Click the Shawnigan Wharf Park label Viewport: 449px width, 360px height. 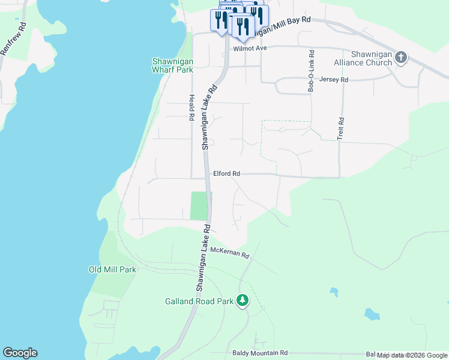(x=172, y=65)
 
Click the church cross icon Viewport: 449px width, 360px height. (x=401, y=58)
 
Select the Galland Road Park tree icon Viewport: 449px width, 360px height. (x=242, y=300)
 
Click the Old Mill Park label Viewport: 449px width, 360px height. (x=112, y=269)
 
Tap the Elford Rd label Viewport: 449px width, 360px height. (x=226, y=173)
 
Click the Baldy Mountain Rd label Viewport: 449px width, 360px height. (x=260, y=353)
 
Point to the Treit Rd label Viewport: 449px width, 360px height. (x=340, y=128)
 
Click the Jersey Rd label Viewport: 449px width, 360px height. (x=334, y=79)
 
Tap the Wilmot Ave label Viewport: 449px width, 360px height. (x=249, y=48)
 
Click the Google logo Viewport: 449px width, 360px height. (x=20, y=353)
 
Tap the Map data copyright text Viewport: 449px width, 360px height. (x=412, y=355)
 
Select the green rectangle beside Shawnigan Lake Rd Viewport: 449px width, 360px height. (x=198, y=205)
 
